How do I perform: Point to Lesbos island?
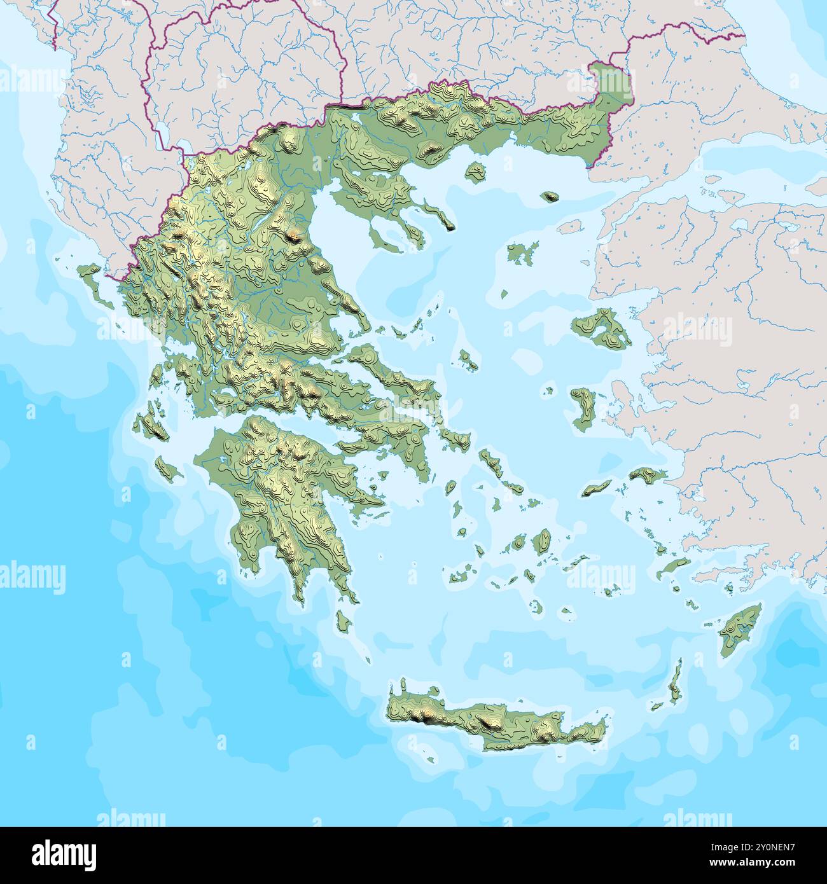click(601, 328)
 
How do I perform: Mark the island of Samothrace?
click(549, 197)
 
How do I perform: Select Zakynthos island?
click(168, 469)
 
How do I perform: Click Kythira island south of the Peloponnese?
click(344, 620)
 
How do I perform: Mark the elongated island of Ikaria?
click(597, 488)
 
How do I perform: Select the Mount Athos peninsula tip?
click(449, 226)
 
